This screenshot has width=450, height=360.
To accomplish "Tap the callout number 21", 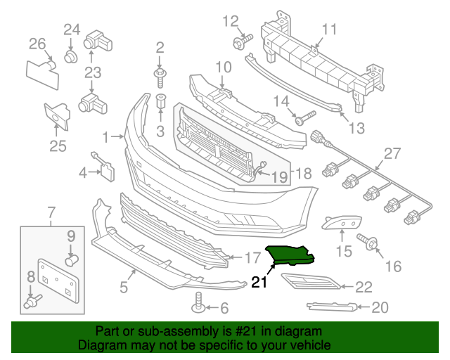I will click(260, 283).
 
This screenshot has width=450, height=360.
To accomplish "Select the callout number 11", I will click(330, 29).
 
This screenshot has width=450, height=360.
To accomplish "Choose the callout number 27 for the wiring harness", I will click(392, 153).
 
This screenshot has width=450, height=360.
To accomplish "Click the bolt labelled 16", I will click(370, 243).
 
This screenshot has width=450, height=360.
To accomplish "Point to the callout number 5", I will click(124, 286).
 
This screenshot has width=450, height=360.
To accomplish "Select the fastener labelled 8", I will click(32, 303).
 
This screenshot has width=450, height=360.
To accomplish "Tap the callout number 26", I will click(37, 44).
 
